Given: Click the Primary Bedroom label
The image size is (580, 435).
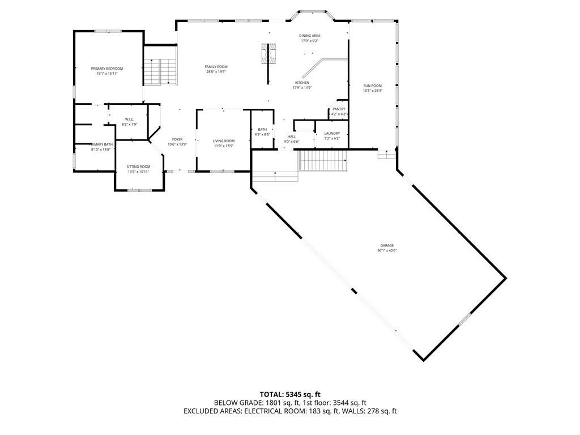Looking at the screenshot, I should coord(107,69).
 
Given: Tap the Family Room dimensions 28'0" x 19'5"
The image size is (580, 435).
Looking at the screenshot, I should coord(216,72).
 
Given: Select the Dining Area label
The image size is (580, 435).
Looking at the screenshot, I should coord(310,36).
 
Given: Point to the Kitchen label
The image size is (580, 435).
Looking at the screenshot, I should coord(301,83).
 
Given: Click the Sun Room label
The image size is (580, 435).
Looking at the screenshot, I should coord(372,86).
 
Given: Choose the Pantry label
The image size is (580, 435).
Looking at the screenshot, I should coord(339,109).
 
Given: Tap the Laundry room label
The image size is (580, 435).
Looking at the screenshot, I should coord(332,133).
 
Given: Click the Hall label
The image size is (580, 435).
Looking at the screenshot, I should coord(292,137).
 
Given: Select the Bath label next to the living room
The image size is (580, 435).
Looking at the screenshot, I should coord(262,130).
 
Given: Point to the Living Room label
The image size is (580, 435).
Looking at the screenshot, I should coord(224,141).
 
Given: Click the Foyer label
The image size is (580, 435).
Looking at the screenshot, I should coord(177,139).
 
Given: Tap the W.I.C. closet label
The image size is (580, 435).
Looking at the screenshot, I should coord(130,119).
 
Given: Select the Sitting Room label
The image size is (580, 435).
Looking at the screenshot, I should coord(138,167).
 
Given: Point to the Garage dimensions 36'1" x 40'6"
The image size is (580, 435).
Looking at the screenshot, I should coord(387,251).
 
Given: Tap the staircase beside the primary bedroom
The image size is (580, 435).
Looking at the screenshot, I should coord(161,71).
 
